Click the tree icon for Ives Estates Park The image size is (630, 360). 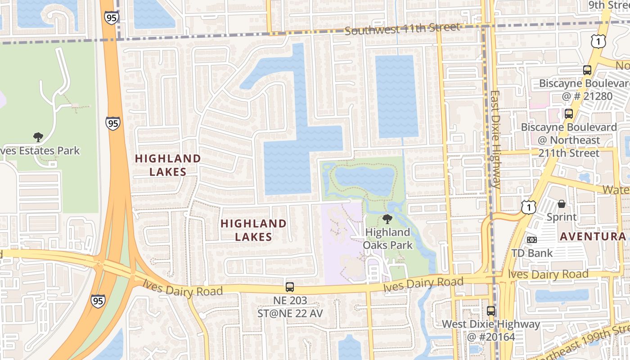coord(38,137)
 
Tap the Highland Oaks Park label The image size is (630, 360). coord(387,239)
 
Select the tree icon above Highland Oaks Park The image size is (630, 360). coord(387,219)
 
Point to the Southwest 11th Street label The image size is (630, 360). coord(403,29)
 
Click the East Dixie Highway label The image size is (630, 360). coord(495,139)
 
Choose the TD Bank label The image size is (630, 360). coord(532,253)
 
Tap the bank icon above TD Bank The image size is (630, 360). coord(532,240)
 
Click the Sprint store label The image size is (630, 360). coord(561,217)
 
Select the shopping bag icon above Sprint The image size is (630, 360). coord(562,204)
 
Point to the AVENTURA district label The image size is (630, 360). coord(593,237)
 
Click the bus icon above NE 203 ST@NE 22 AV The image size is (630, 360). coord(290,287)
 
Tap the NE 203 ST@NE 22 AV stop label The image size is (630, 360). coord(290,307)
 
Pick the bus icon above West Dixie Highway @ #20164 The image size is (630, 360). coord(490,310)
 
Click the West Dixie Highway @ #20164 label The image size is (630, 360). coord(490,330)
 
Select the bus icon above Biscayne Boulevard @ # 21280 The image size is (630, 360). coord(587,70)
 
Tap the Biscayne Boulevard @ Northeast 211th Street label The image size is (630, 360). coord(569,140)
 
